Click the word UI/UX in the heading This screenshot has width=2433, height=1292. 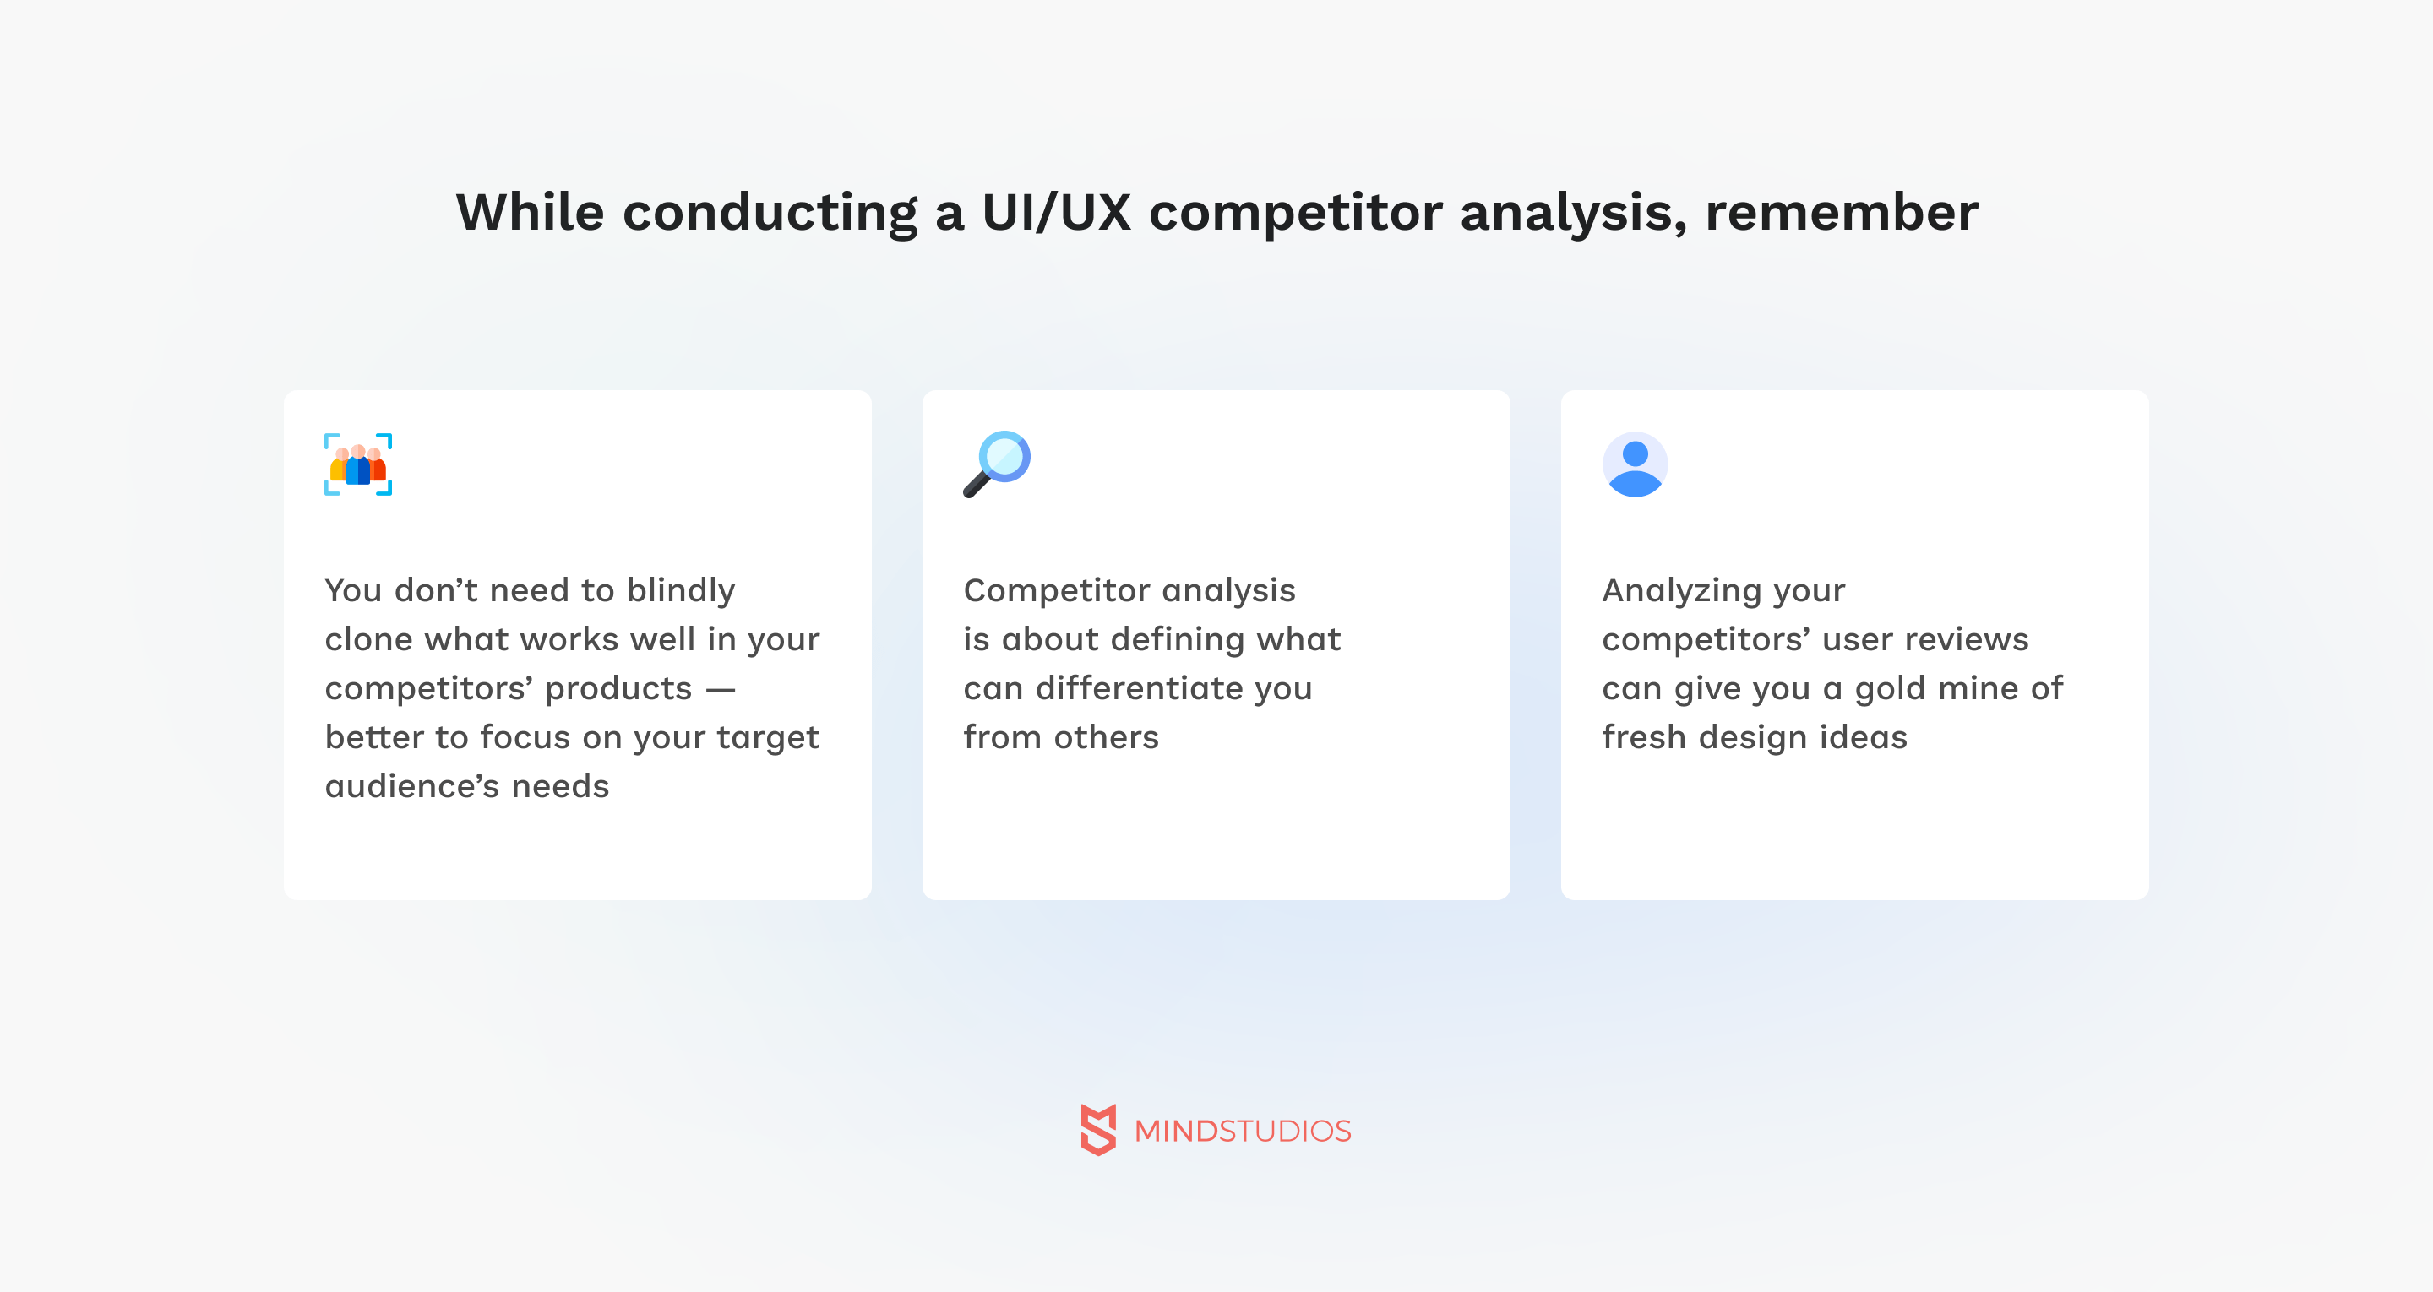click(x=1056, y=212)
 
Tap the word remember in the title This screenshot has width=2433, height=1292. click(x=1841, y=212)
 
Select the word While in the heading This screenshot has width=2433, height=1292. click(x=530, y=212)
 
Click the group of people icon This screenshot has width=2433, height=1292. click(x=358, y=464)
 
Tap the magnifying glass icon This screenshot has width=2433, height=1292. click(x=997, y=464)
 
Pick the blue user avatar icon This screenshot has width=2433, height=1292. click(x=1635, y=464)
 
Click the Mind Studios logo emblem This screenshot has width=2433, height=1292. click(x=1098, y=1130)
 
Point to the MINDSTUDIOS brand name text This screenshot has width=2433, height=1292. click(x=1242, y=1131)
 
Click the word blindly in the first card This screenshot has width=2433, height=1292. click(x=681, y=591)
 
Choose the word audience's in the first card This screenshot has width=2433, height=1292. click(x=411, y=786)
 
